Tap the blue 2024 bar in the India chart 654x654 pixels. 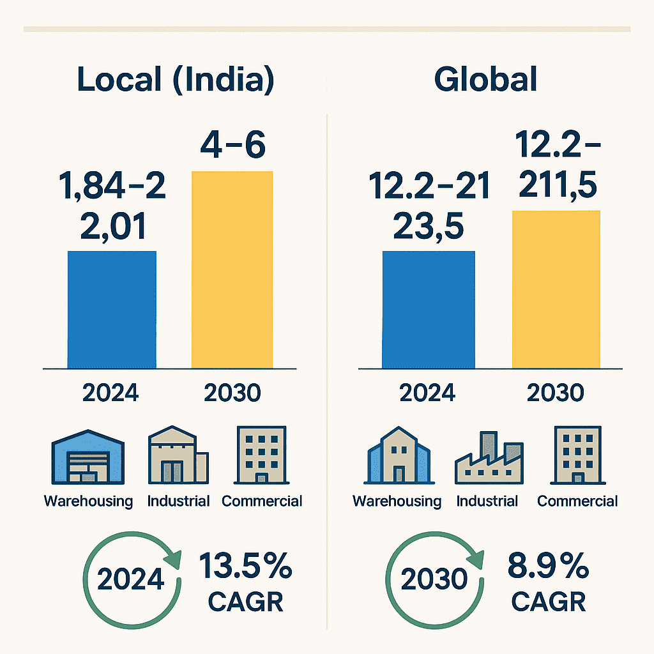[112, 310]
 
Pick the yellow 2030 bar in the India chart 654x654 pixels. [232, 270]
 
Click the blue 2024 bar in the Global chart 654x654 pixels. [428, 310]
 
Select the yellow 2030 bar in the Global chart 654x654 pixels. [556, 289]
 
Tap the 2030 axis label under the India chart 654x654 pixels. [232, 393]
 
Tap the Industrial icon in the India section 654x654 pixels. [178, 457]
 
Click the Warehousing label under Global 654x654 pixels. [397, 501]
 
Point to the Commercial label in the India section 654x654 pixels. [262, 501]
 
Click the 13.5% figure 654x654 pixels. [246, 567]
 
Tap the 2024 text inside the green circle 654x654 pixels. [131, 580]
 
